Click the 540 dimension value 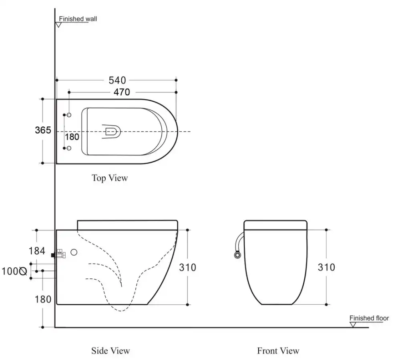[117, 80]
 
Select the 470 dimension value [122, 92]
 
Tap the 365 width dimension [43, 130]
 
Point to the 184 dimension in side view [37, 251]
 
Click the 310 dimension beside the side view [187, 268]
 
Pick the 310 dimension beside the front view [326, 267]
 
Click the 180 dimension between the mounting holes [72, 137]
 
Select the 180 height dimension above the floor [43, 299]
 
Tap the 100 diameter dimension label [14, 272]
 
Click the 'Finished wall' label [78, 19]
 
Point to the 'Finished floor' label [369, 318]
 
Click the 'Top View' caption [110, 178]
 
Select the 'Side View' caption [111, 350]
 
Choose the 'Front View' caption [278, 350]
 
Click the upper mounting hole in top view [69, 115]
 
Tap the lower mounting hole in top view [69, 148]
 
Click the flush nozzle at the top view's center [112, 132]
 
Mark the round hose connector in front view [237, 255]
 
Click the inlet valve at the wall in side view [59, 254]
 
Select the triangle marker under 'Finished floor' [353, 325]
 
